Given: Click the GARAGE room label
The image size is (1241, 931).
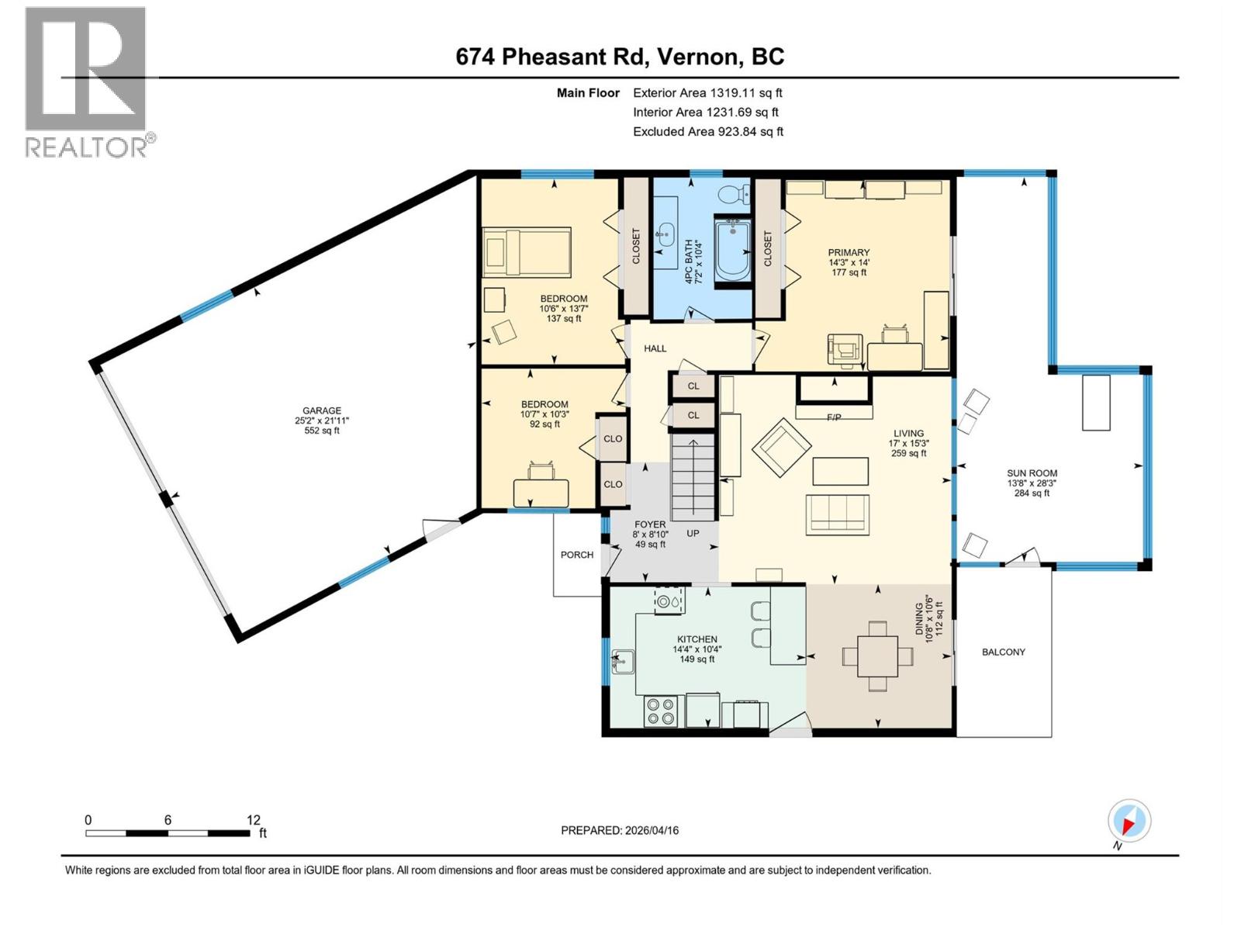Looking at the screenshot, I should pyautogui.click(x=322, y=411).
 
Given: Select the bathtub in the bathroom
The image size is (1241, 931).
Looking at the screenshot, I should pyautogui.click(x=732, y=251).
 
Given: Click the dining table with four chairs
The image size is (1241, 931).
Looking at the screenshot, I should pyautogui.click(x=877, y=656).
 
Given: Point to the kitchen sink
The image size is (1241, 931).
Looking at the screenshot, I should pyautogui.click(x=623, y=662).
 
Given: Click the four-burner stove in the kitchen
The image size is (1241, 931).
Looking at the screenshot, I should pyautogui.click(x=661, y=711).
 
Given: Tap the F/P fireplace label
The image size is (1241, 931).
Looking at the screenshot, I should pyautogui.click(x=834, y=417).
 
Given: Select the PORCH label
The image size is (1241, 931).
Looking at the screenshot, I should pyautogui.click(x=577, y=555).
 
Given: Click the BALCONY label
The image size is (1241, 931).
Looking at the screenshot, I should pyautogui.click(x=1004, y=652).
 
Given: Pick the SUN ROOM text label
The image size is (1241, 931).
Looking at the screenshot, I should pyautogui.click(x=1032, y=473).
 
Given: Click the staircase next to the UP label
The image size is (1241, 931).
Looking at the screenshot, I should pyautogui.click(x=693, y=477).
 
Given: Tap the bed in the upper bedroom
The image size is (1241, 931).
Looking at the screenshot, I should pyautogui.click(x=527, y=252).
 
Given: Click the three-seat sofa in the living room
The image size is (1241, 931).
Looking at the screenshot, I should pyautogui.click(x=837, y=514).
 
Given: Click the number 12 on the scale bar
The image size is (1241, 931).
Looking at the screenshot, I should pyautogui.click(x=254, y=819).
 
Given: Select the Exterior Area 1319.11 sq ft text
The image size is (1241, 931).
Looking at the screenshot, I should pyautogui.click(x=707, y=93).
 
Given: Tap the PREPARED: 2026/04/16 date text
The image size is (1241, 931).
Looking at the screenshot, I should pyautogui.click(x=620, y=830).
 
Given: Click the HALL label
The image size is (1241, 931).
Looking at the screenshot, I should pyautogui.click(x=655, y=348).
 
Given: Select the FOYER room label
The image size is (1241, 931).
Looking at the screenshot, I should pyautogui.click(x=649, y=524).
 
